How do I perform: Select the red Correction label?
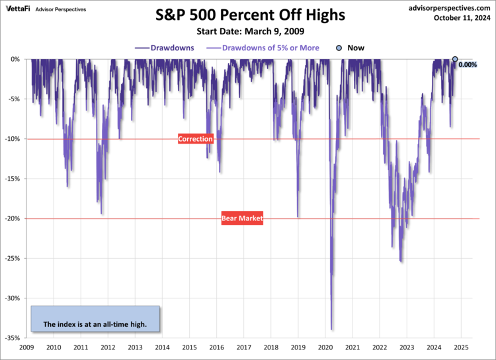pyautogui.click(x=196, y=139)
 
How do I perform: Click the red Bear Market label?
pyautogui.click(x=242, y=218)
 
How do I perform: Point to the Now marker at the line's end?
pyautogui.click(x=454, y=60)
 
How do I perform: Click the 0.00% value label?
pyautogui.click(x=467, y=64)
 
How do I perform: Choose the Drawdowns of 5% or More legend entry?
pyautogui.click(x=263, y=48)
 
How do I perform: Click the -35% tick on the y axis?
pyautogui.click(x=13, y=338)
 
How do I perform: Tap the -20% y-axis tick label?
pyautogui.click(x=13, y=218)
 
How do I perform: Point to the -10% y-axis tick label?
pyautogui.click(x=13, y=139)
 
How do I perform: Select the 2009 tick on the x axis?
pyautogui.click(x=26, y=347)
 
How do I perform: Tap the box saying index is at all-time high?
pyautogui.click(x=95, y=319)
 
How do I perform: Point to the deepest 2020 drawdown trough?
pyautogui.click(x=331, y=330)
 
